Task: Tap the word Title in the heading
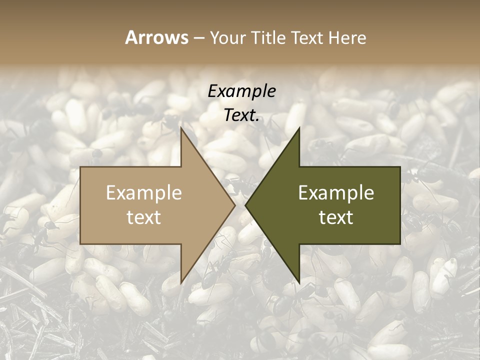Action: click(x=268, y=37)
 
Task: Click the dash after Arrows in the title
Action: click(x=198, y=38)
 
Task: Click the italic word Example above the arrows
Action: click(x=242, y=91)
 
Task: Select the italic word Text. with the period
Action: click(x=242, y=115)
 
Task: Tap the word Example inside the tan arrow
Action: click(x=144, y=193)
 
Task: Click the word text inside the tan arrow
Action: click(x=144, y=217)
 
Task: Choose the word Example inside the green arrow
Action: click(x=336, y=193)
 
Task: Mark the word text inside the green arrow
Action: click(x=336, y=217)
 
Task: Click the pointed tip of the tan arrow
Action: click(x=235, y=205)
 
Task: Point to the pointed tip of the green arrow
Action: click(x=245, y=205)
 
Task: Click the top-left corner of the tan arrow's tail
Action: click(x=80, y=166)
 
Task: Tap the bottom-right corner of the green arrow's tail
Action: click(x=400, y=244)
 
